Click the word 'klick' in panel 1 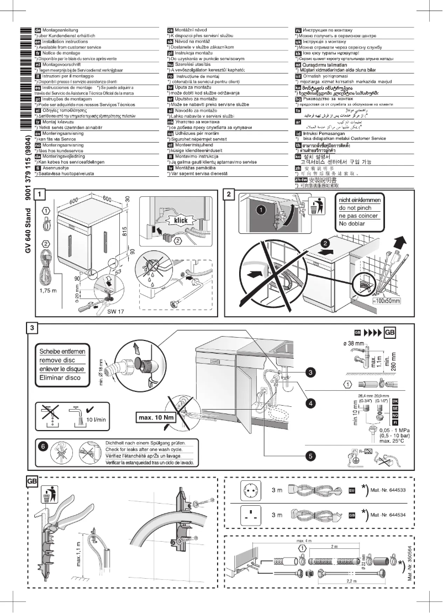click(x=181, y=220)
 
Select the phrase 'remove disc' click(x=58, y=360)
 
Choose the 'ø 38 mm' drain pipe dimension click(x=354, y=344)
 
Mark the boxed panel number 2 click(x=230, y=194)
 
